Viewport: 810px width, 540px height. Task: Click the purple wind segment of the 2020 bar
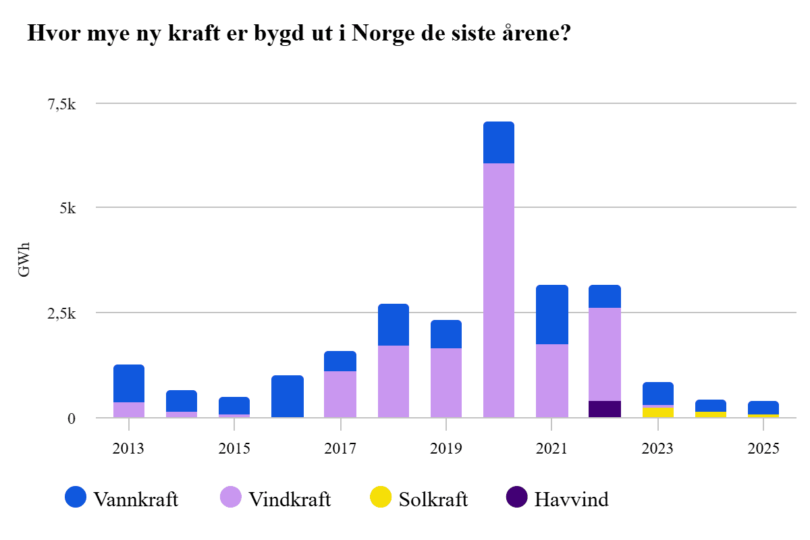499,290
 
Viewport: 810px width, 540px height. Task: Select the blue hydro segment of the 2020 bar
499,142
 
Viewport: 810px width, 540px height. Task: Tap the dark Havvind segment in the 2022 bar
605,409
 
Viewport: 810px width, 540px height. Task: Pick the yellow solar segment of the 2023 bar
658,412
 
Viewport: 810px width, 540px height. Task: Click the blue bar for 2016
288,396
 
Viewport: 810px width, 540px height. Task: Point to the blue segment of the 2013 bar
129,383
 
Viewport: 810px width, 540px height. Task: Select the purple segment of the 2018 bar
394,381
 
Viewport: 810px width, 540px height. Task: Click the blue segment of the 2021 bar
552,315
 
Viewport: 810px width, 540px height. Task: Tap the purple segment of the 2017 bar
340,394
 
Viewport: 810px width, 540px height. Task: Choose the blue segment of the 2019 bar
446,334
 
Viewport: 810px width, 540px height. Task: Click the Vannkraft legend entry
122,500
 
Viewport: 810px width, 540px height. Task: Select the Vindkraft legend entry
276,500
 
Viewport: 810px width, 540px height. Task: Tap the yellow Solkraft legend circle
381,498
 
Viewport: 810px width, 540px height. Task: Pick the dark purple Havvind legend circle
516,498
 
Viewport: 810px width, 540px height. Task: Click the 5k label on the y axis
71,208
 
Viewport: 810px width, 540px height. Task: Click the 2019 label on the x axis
446,449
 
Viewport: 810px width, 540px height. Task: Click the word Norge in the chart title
381,33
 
